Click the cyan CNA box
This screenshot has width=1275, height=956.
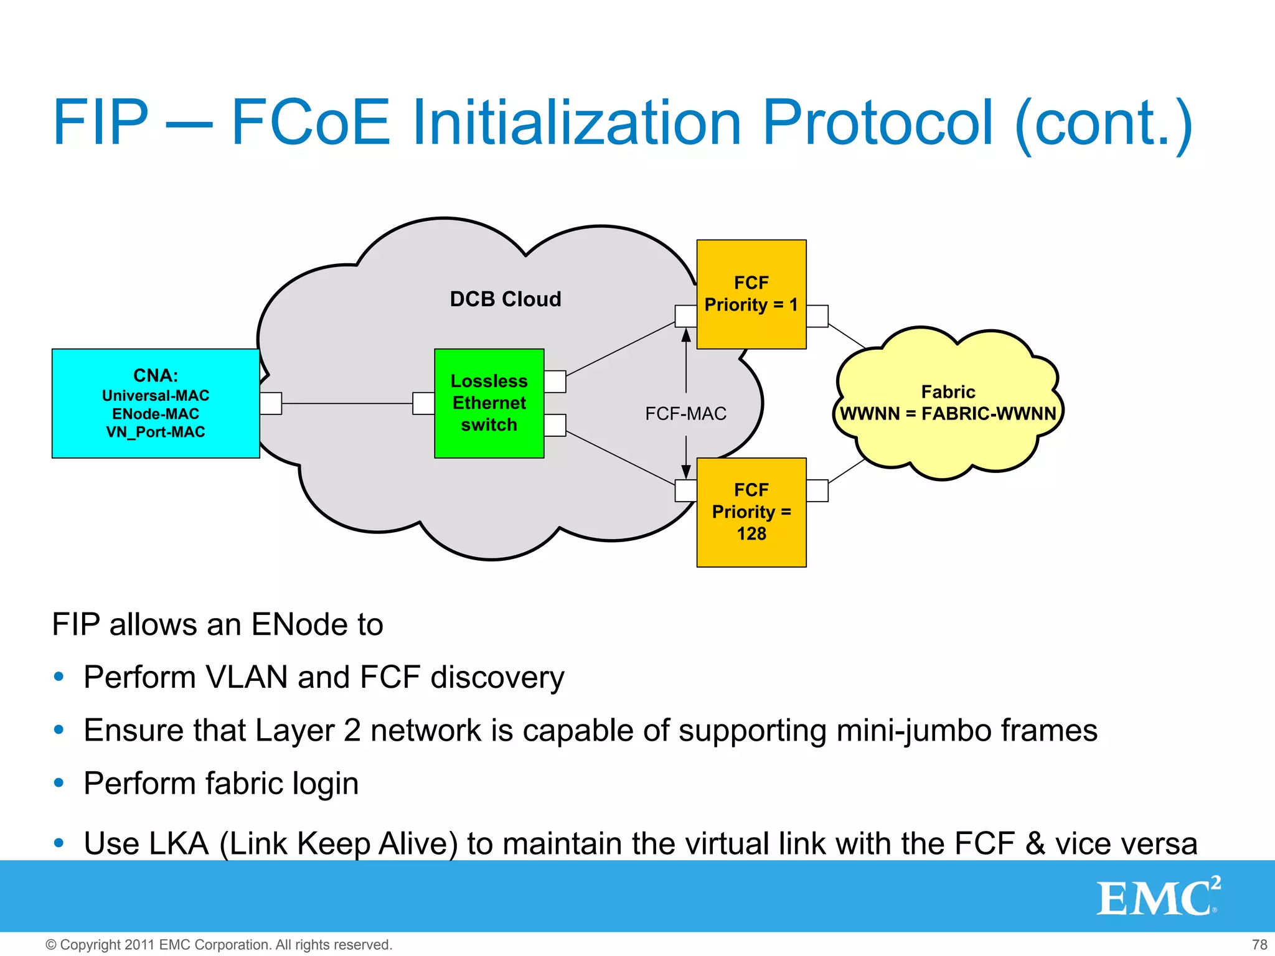coord(156,403)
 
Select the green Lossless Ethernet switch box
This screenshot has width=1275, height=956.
coord(489,403)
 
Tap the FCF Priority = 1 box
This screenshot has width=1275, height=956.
coord(751,294)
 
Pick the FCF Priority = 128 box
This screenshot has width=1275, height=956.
coord(751,512)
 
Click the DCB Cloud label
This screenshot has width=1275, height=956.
coord(506,299)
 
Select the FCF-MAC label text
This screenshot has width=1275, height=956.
coord(685,414)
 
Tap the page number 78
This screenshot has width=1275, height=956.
coord(1259,944)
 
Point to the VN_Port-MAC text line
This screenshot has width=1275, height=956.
coord(156,432)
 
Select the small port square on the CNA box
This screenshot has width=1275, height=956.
coord(271,403)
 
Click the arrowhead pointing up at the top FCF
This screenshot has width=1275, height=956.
coord(686,336)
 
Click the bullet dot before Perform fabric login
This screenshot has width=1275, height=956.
coord(59,783)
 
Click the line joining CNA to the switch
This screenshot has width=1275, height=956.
coord(347,403)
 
